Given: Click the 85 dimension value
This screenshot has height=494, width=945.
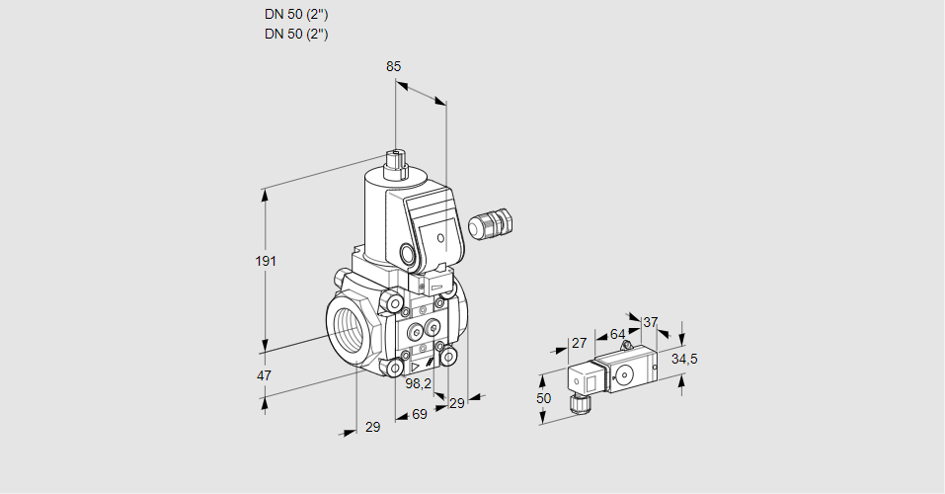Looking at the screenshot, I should [394, 66].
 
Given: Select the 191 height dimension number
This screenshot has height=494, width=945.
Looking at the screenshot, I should [266, 261].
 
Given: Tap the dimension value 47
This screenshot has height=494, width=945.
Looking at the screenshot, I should [265, 375].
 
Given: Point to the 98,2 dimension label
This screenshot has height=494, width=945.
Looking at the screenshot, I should [418, 383].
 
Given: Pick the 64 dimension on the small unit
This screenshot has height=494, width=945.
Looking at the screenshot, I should [617, 334].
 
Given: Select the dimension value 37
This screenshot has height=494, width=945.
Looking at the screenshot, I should [650, 322].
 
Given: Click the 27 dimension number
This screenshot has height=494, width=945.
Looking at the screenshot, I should [579, 344].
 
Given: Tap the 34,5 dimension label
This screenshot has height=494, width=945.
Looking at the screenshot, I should [684, 359].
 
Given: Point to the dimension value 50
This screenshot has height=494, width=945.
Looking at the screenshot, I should [543, 397].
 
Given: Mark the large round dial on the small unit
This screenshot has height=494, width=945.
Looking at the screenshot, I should [624, 374].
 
